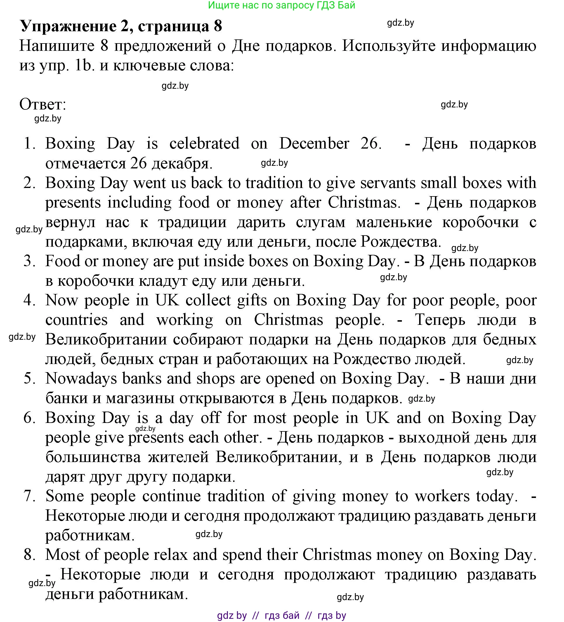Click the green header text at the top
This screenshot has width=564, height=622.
tap(281, 5)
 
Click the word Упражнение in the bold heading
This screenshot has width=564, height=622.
tap(68, 26)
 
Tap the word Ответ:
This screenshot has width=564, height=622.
tap(43, 104)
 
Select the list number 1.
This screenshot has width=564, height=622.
tap(29, 144)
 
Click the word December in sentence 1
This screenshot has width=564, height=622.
tap(314, 144)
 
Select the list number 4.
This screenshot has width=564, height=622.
tap(29, 301)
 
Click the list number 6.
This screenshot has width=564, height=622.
tap(29, 418)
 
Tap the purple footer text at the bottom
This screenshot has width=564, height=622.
tap(281, 616)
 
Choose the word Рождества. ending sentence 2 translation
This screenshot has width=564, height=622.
tap(401, 242)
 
